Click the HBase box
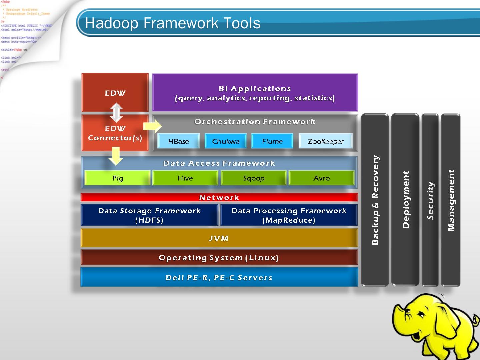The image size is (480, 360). (x=178, y=141)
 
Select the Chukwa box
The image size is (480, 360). (x=226, y=141)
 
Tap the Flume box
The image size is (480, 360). (x=272, y=141)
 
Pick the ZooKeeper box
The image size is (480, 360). (x=325, y=141)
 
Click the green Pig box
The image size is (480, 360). (x=117, y=178)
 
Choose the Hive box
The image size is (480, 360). (x=185, y=178)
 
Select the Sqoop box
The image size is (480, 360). (x=253, y=178)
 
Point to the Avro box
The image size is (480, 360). (x=321, y=178)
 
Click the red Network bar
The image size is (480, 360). (x=219, y=197)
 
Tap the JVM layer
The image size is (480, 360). (x=219, y=238)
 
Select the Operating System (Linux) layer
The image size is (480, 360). (x=219, y=257)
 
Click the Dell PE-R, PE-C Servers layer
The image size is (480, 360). (x=219, y=277)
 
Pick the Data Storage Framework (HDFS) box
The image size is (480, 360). (x=149, y=215)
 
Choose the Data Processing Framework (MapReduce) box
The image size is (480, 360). (x=289, y=215)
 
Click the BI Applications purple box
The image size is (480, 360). (x=255, y=93)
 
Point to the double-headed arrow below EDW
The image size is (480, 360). (x=116, y=112)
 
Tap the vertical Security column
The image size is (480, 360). (x=430, y=200)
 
